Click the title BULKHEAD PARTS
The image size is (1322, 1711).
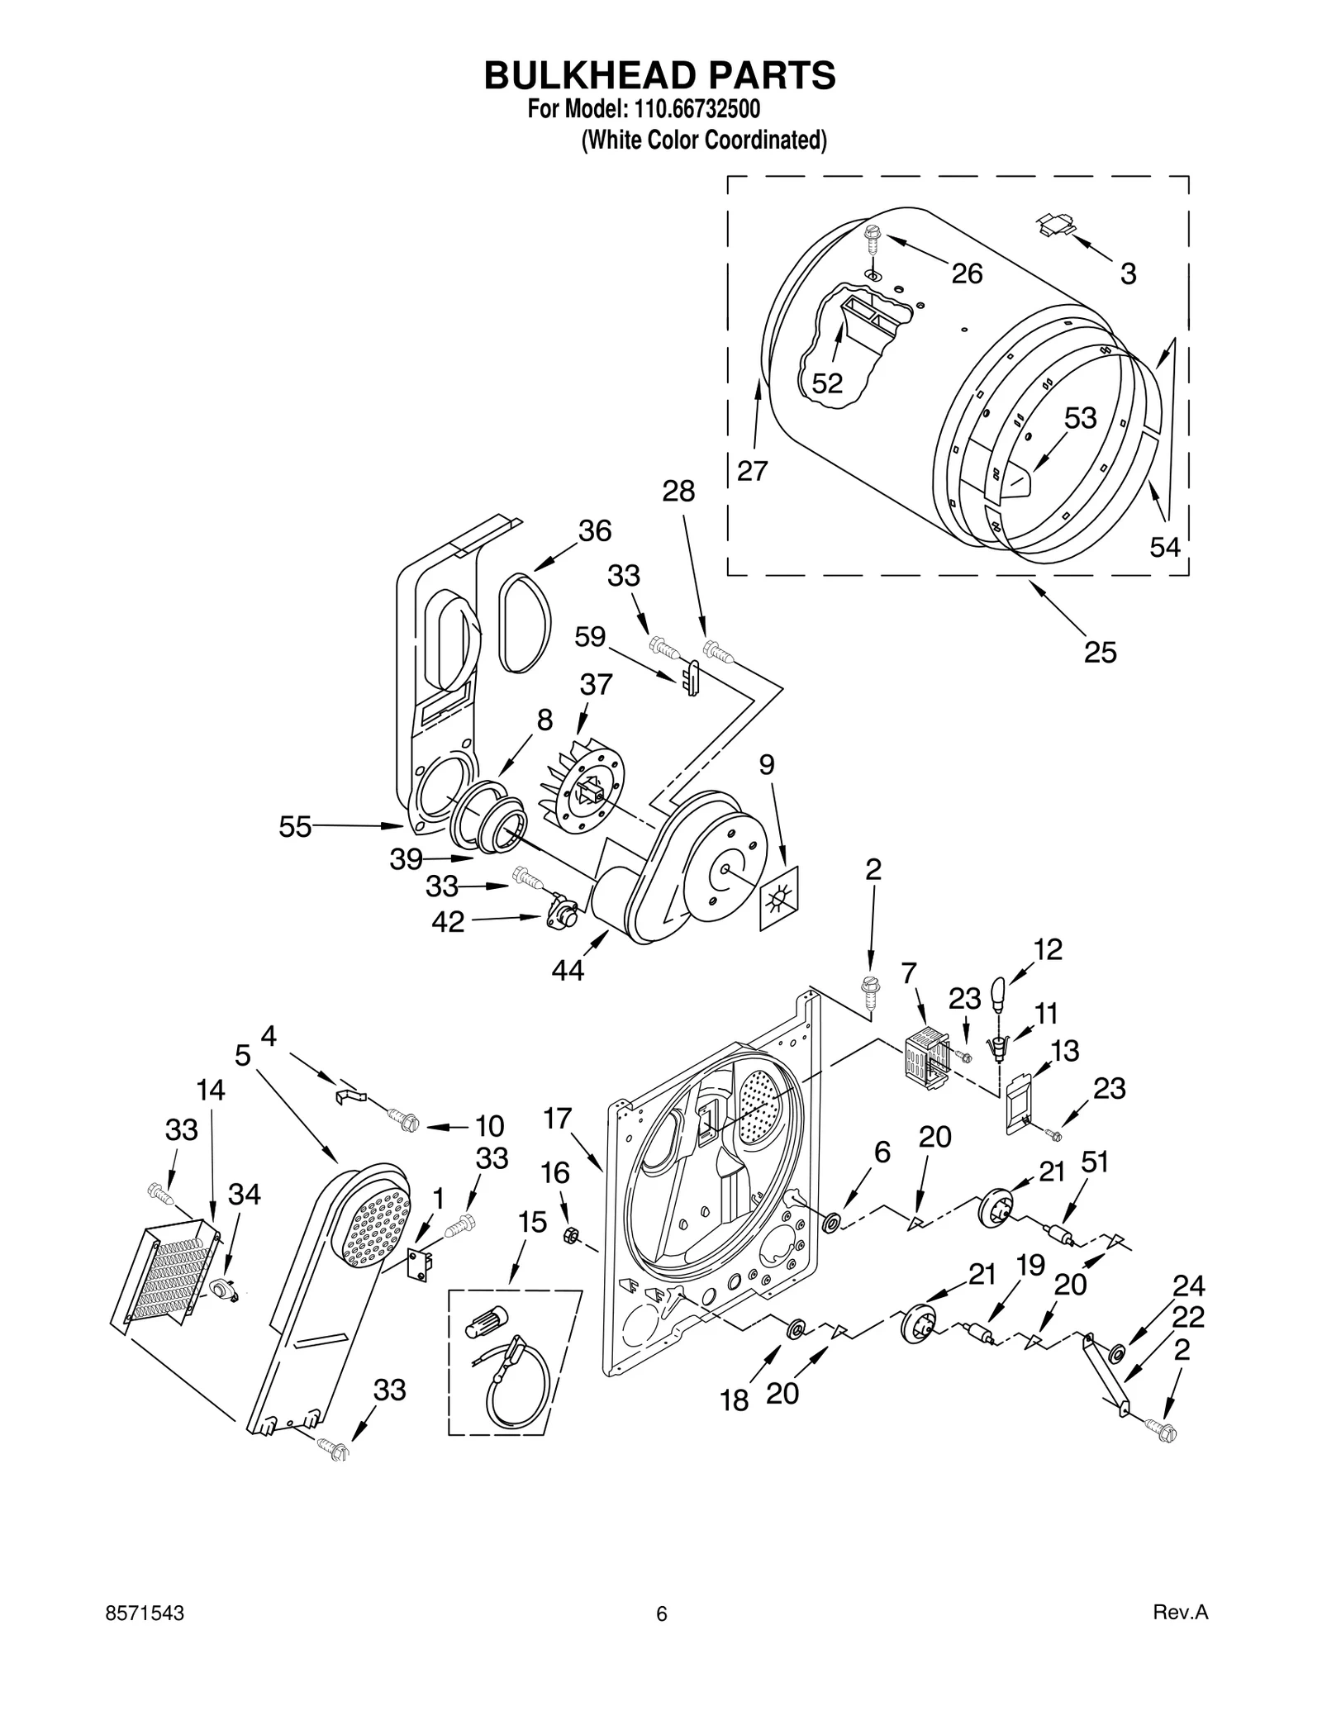pyautogui.click(x=659, y=75)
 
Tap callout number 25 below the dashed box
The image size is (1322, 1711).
pyautogui.click(x=1100, y=653)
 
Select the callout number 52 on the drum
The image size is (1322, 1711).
pyautogui.click(x=826, y=383)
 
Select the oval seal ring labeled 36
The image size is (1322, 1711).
pyautogui.click(x=524, y=622)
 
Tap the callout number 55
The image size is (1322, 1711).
pyautogui.click(x=295, y=826)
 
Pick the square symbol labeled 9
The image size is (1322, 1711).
pyautogui.click(x=779, y=899)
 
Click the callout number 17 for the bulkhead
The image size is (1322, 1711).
pyautogui.click(x=558, y=1119)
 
